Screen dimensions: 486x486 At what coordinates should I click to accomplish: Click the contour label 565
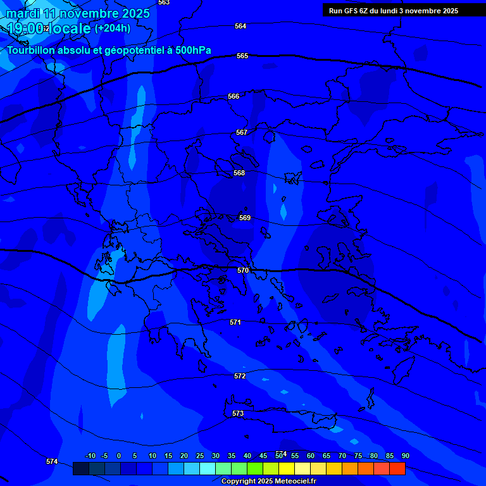click(x=242, y=56)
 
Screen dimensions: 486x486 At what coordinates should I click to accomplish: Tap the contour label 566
click(x=234, y=96)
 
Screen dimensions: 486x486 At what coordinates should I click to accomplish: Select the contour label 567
click(x=241, y=132)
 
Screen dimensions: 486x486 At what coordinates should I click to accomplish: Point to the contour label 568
click(x=239, y=173)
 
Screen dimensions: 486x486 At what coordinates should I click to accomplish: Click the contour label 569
click(x=245, y=218)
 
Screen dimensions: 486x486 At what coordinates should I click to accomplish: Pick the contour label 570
click(x=243, y=270)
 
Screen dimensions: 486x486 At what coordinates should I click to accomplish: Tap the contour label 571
click(x=235, y=322)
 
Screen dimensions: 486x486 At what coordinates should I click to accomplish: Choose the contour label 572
click(x=239, y=376)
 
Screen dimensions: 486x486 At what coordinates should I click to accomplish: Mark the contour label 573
click(x=237, y=413)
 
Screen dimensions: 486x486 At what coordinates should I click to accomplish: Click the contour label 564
click(x=240, y=26)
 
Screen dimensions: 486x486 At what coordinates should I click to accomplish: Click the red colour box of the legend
click(x=397, y=468)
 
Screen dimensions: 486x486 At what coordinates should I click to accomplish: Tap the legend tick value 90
click(x=405, y=456)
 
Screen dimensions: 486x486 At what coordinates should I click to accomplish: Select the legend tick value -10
click(x=90, y=456)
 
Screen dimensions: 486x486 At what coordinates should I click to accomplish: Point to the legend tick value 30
click(x=216, y=456)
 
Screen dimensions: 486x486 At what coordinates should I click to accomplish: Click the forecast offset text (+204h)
click(x=113, y=28)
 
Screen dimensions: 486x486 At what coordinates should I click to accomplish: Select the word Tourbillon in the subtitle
click(x=32, y=50)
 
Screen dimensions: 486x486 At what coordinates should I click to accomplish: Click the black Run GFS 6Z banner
click(x=394, y=10)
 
